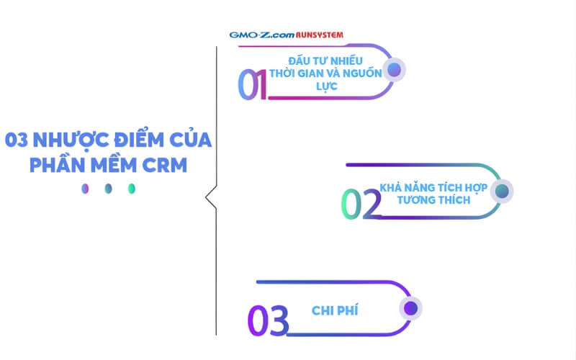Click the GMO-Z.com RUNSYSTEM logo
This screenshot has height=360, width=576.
(x=286, y=35)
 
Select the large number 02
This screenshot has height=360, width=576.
(x=361, y=204)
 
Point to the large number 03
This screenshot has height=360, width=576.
(x=268, y=320)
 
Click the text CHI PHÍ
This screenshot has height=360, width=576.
(x=336, y=310)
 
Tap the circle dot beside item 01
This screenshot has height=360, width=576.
(x=394, y=69)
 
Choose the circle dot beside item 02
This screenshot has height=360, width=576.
(x=503, y=191)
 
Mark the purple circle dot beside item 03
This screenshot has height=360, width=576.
(x=410, y=308)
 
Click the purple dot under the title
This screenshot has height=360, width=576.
(x=86, y=189)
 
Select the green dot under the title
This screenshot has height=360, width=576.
(x=131, y=189)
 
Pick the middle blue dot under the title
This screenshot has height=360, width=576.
(x=108, y=189)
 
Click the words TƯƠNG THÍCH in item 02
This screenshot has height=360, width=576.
(x=433, y=199)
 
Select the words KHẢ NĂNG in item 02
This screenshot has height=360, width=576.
(x=406, y=186)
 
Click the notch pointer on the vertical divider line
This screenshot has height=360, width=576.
(x=210, y=196)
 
